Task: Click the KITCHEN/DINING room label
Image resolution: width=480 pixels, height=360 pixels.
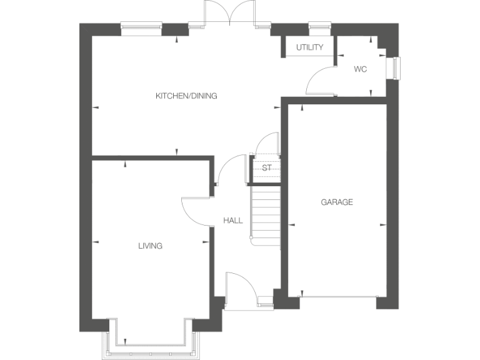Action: point(186,96)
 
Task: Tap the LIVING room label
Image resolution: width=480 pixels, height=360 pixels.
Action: point(150,246)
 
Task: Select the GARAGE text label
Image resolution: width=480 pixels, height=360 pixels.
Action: point(337,202)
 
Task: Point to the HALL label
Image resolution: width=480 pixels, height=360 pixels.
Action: point(233,221)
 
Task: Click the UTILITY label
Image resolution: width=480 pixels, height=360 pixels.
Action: point(309,47)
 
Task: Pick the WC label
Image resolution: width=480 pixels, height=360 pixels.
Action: point(360,69)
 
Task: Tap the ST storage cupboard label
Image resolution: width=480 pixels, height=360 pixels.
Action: point(266,168)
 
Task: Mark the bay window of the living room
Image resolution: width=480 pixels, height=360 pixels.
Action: point(151,342)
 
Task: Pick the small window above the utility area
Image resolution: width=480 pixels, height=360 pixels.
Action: point(319,26)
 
